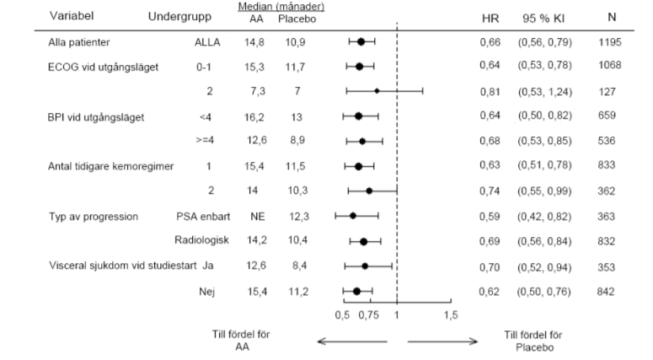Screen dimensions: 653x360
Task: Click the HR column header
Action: (490, 19)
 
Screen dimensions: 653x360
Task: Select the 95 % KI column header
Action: (543, 19)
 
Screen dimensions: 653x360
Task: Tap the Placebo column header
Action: (297, 19)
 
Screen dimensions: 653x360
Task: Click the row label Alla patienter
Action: (78, 42)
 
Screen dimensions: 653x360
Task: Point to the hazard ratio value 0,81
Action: (490, 91)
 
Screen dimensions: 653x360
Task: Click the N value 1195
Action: (610, 42)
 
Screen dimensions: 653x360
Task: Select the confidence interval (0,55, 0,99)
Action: (544, 191)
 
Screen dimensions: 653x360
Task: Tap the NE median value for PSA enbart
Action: (257, 217)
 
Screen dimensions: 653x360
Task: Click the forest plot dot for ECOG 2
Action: (377, 91)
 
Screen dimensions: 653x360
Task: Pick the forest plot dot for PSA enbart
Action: (353, 216)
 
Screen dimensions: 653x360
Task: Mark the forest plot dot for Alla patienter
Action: (361, 41)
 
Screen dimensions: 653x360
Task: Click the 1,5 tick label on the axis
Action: (451, 315)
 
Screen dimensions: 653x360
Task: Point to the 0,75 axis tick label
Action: (368, 315)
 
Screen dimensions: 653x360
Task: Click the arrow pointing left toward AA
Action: (352, 341)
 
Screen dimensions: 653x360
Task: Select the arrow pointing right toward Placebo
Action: (442, 341)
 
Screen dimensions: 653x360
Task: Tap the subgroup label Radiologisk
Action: (201, 240)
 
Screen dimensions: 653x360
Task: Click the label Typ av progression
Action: (94, 217)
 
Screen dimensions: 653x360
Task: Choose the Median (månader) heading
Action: (281, 7)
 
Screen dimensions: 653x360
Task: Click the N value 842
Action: (606, 291)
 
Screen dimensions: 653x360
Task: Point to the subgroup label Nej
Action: (207, 292)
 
